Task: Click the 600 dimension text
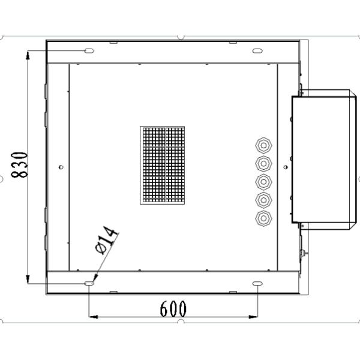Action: coord(173,308)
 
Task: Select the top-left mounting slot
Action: coord(88,50)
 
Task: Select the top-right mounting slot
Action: coord(257,50)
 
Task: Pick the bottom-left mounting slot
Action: coord(89,283)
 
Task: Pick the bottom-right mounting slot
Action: coord(257,283)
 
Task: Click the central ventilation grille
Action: coord(162,165)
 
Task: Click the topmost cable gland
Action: coord(263,145)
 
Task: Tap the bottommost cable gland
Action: coord(263,218)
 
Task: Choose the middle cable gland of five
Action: coord(263,181)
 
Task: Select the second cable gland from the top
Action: coord(263,163)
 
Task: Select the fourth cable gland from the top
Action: coord(263,199)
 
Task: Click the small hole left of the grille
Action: coord(61,167)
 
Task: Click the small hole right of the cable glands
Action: coord(285,167)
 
